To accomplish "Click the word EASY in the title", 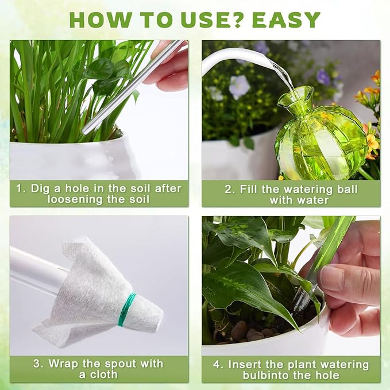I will pos(285,20).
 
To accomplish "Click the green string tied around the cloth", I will pos(126,310).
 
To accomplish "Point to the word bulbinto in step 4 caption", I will pos(261,375).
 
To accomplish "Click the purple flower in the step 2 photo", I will pos(239,86).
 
